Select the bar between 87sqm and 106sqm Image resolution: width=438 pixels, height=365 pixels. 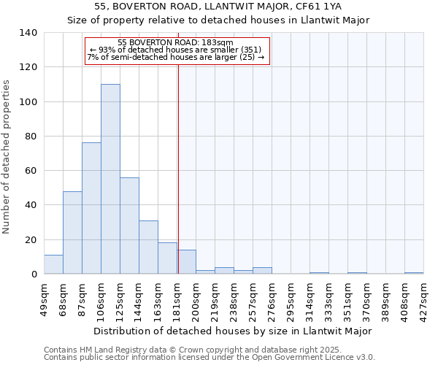click(91, 208)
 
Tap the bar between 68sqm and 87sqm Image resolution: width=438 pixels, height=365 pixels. click(72, 232)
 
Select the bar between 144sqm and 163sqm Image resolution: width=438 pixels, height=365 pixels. click(148, 247)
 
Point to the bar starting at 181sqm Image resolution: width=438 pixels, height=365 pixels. click(186, 262)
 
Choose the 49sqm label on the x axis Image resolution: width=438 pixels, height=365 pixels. click(45, 298)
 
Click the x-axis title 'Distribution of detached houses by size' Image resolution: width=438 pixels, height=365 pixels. click(233, 331)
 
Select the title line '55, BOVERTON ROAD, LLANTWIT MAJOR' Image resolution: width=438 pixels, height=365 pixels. click(218, 7)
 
